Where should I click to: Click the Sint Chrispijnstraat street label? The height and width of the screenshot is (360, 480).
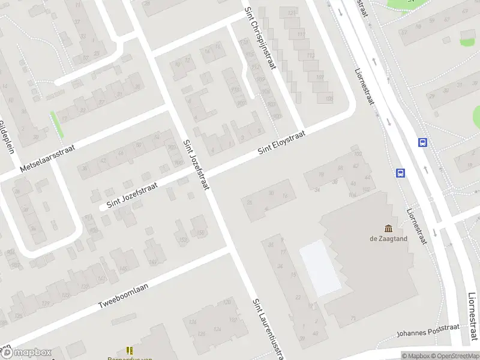(259, 38)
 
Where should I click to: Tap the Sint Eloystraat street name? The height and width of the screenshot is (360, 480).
(281, 143)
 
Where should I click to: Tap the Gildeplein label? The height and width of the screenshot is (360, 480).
(7, 137)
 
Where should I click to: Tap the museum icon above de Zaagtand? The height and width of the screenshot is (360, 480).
(388, 228)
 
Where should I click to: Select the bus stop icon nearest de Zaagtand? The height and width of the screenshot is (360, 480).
(400, 173)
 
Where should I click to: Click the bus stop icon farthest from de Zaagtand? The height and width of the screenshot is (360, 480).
(423, 143)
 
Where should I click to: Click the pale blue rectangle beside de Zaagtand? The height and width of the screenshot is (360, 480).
(319, 268)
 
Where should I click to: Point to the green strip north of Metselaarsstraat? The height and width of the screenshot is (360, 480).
(58, 125)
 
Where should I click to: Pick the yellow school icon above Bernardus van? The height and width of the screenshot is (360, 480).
(128, 350)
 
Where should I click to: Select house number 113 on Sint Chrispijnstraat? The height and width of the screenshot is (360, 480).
(301, 35)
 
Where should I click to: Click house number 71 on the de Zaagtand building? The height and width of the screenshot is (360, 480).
(353, 318)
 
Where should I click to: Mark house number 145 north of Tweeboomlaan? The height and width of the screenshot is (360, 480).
(123, 269)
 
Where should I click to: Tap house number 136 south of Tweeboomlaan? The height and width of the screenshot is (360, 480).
(193, 323)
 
